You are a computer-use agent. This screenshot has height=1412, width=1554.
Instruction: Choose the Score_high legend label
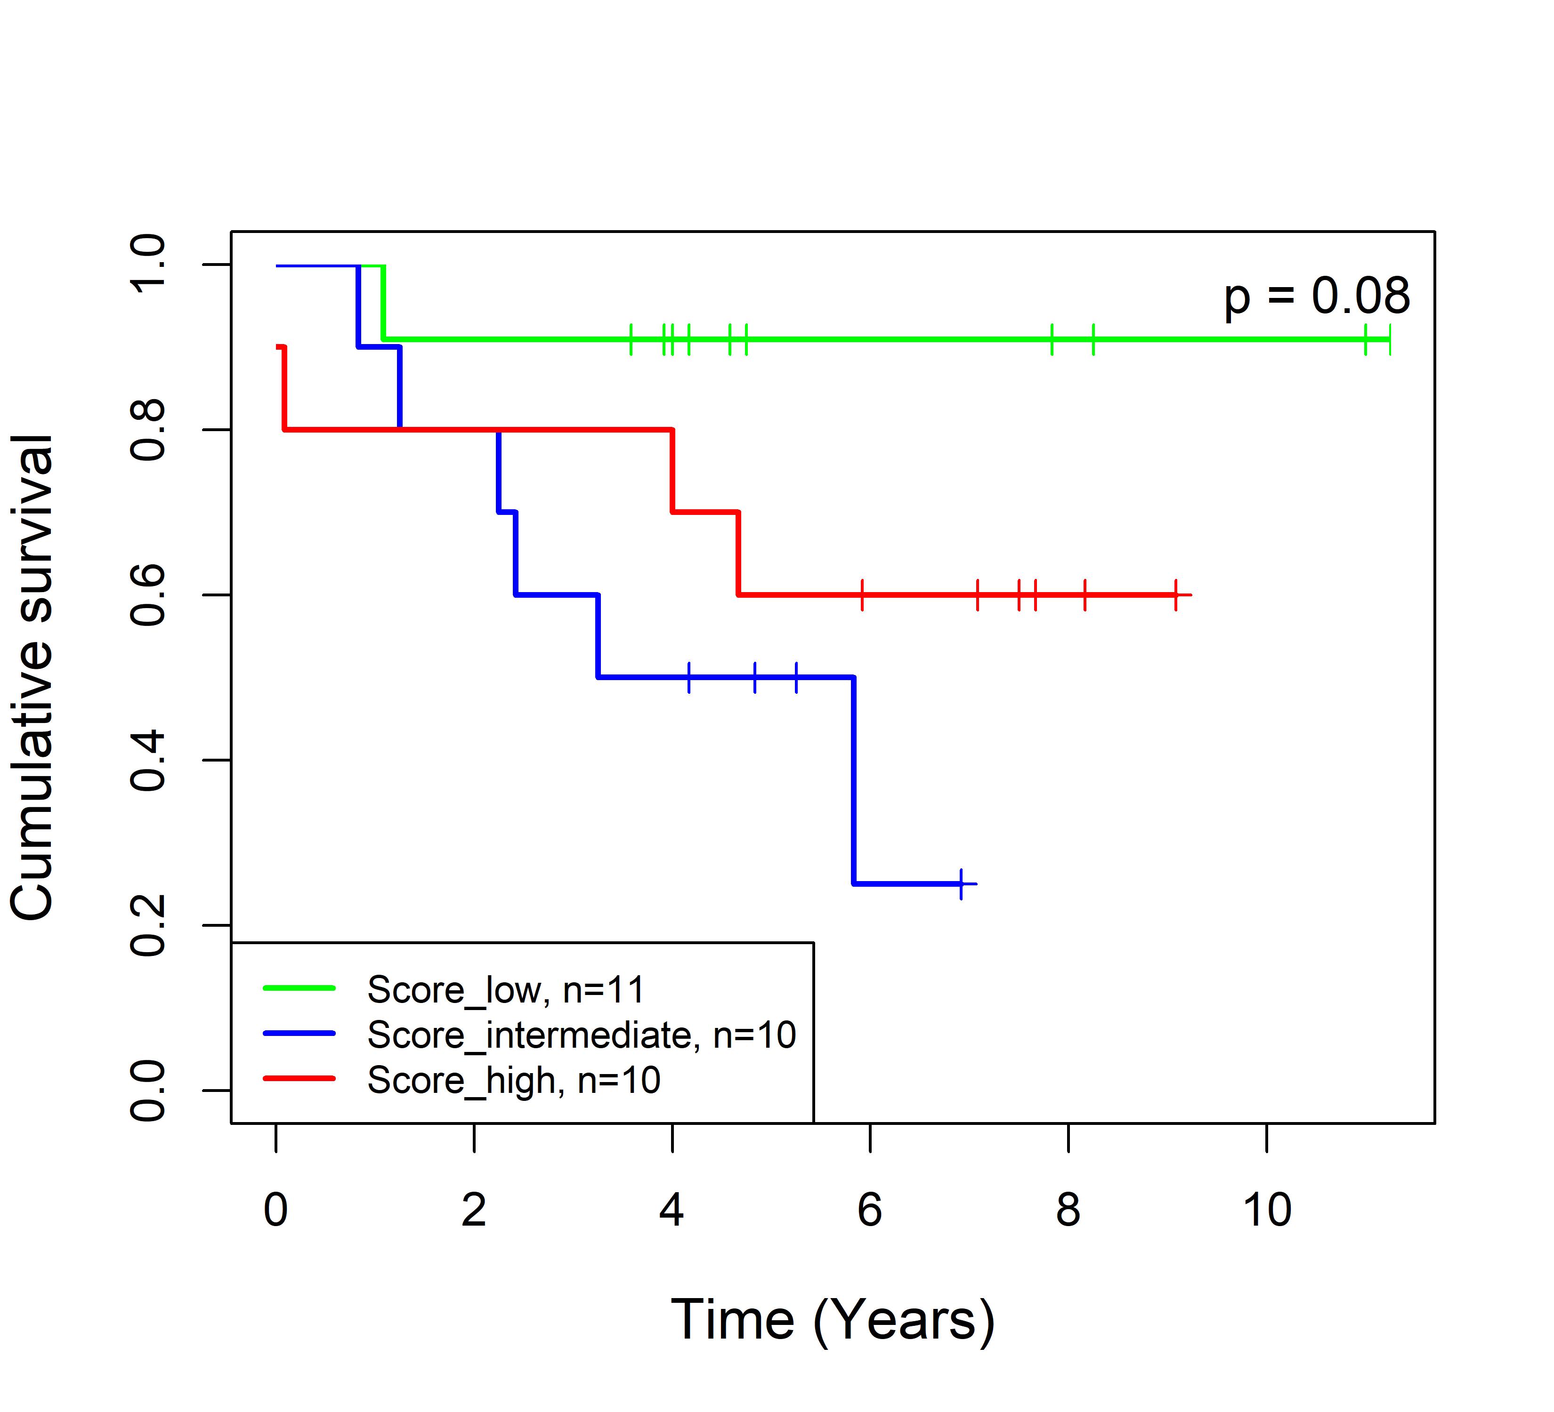pyautogui.click(x=513, y=1080)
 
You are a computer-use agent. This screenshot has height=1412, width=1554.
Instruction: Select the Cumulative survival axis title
pyautogui.click(x=32, y=677)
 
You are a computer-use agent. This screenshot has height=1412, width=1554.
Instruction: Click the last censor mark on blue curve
pyautogui.click(x=961, y=883)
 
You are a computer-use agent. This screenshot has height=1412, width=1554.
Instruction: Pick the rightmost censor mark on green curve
pyautogui.click(x=1389, y=339)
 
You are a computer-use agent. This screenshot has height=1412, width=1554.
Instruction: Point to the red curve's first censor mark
pyautogui.click(x=862, y=595)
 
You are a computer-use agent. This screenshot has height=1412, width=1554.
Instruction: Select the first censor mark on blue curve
pyautogui.click(x=688, y=677)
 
